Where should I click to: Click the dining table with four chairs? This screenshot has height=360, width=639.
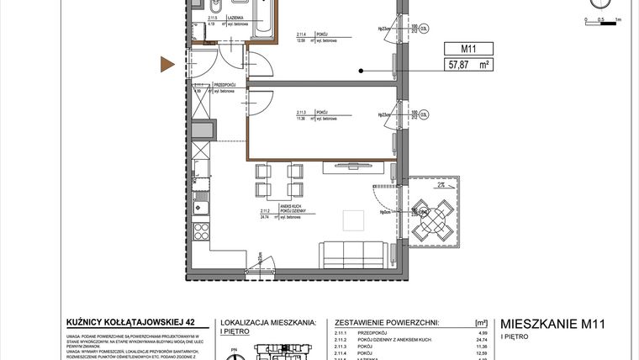278,180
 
